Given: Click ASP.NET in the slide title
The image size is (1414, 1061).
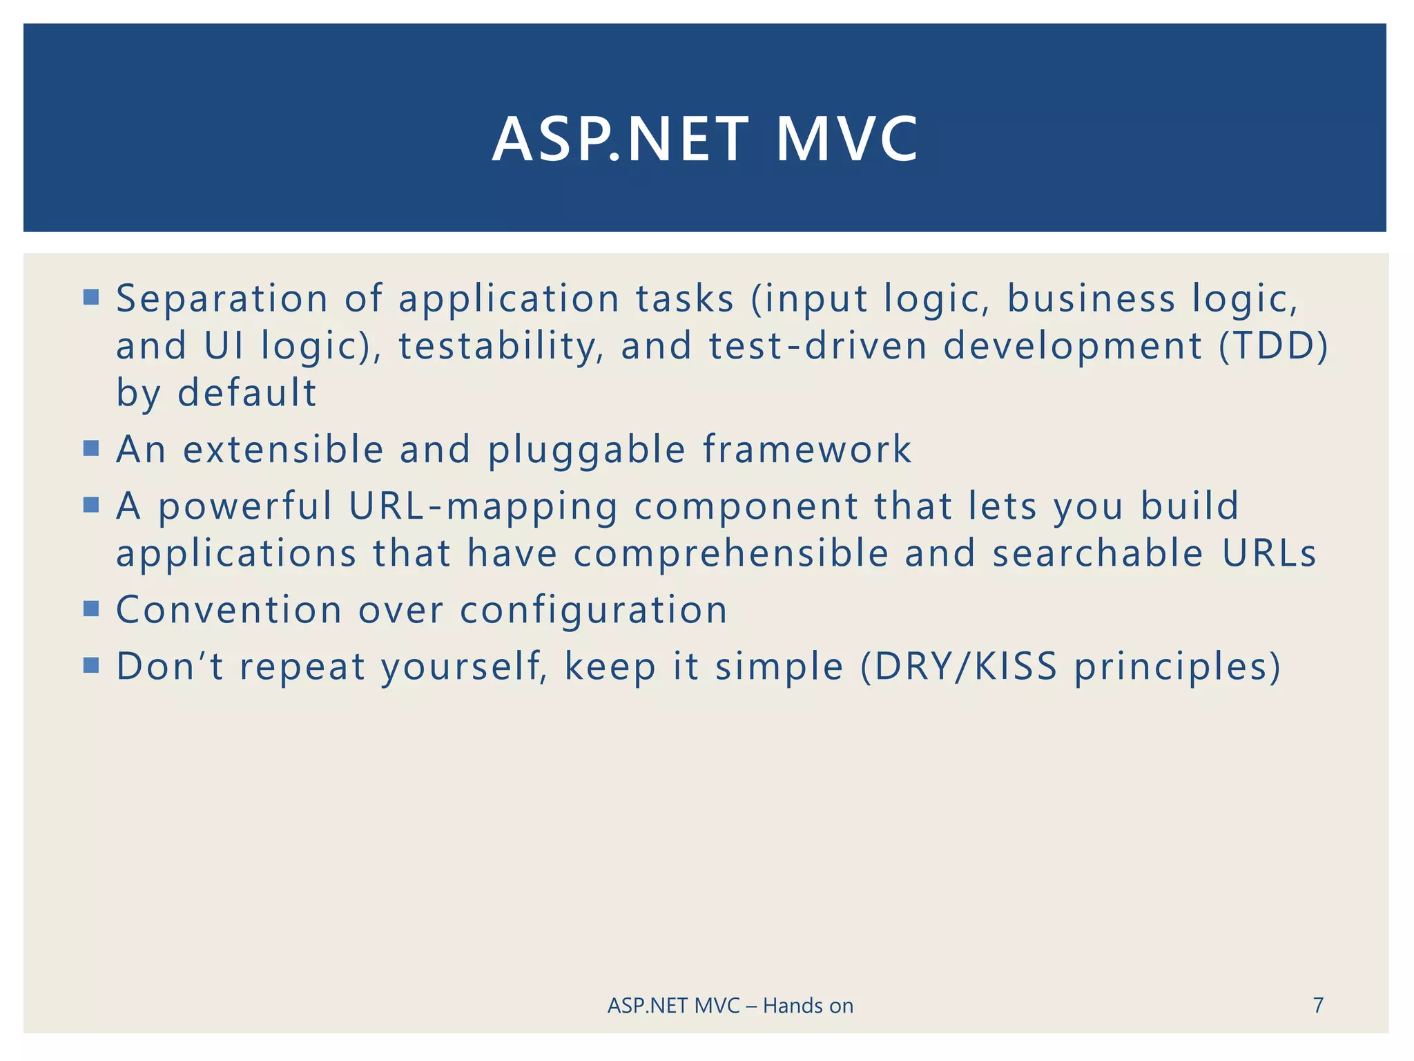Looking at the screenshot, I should coord(620,140).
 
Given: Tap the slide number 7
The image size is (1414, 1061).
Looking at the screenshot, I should coord(1318,1005).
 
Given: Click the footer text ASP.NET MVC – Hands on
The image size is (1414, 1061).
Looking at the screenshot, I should coord(730,1006).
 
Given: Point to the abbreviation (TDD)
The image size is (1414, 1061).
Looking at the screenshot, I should coord(1272,346).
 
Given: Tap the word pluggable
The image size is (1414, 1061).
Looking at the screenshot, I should coord(587,450).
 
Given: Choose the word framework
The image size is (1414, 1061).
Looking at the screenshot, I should coord(807,450).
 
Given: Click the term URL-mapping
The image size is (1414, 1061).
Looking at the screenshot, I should coord(483,506).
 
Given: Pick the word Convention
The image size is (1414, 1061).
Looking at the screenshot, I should coord(229,610).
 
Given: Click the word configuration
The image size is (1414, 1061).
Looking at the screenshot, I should coord(594,611).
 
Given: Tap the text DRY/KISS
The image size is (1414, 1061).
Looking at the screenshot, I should coord(958,667).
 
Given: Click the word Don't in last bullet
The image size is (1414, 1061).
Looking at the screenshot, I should coord(170,667).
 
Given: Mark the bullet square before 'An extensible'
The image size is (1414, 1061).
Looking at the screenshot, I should coord(91,449).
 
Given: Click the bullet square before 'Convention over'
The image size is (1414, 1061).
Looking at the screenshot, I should coord(91,609).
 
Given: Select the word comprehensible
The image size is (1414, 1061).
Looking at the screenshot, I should coord(731,554).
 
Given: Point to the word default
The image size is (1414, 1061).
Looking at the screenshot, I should coord(246,393).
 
